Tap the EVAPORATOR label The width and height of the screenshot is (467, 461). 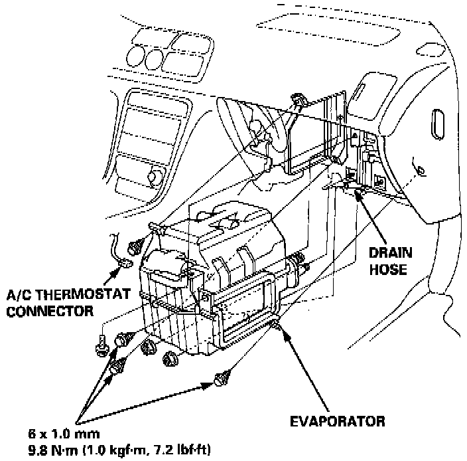pos(338,420)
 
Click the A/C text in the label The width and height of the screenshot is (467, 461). pos(19,296)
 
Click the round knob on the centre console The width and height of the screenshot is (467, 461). pos(155,177)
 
